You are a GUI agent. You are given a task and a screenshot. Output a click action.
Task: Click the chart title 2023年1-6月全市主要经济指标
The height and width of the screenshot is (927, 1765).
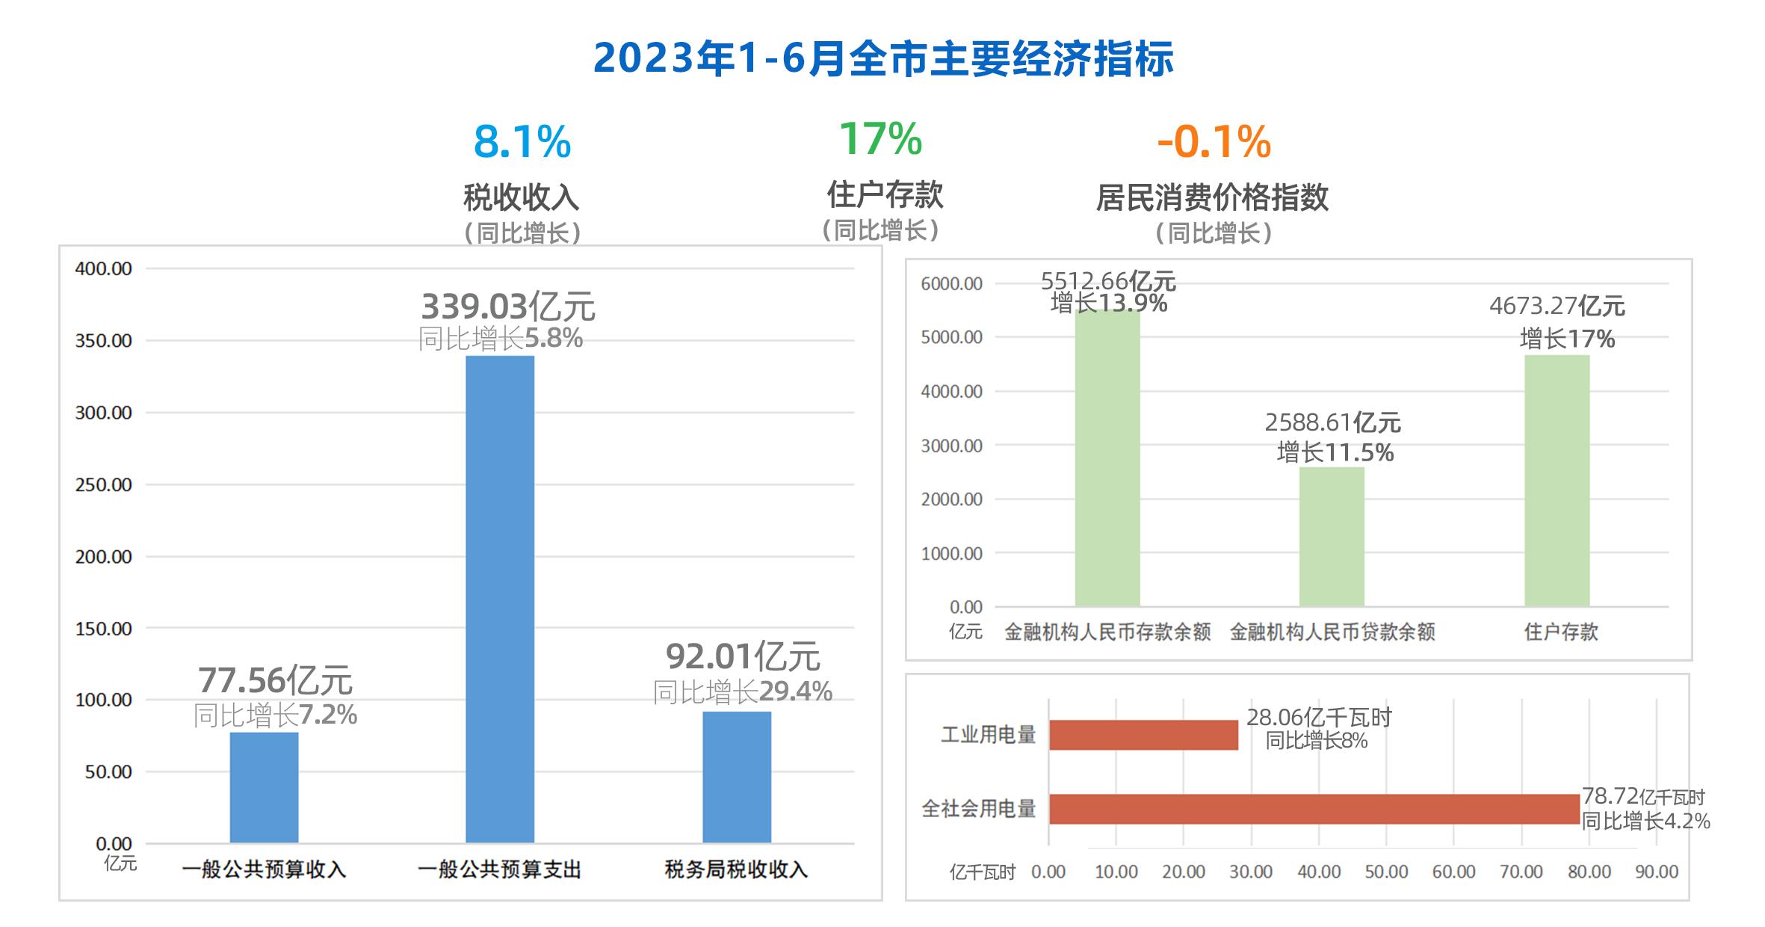(883, 58)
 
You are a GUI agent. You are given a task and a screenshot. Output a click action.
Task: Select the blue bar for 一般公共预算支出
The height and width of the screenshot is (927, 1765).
(500, 600)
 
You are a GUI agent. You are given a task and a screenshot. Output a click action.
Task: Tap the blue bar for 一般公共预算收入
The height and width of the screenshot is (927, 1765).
(264, 788)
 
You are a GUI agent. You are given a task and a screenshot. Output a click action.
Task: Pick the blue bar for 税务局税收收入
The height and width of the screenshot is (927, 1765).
(737, 777)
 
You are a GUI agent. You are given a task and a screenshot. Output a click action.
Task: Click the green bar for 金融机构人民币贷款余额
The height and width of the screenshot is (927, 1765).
(1332, 537)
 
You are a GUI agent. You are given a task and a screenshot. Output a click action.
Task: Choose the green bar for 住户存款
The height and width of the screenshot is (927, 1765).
(1557, 481)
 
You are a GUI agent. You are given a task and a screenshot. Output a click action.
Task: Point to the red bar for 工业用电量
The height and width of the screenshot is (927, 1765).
(1144, 735)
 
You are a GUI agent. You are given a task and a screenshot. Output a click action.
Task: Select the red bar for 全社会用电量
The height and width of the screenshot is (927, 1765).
(1314, 809)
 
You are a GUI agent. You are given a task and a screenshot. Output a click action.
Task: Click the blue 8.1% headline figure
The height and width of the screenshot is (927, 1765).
(522, 141)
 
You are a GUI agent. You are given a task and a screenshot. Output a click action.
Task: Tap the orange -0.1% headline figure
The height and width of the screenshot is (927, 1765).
(1214, 141)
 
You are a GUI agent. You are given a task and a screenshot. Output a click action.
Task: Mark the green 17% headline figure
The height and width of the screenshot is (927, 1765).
(881, 138)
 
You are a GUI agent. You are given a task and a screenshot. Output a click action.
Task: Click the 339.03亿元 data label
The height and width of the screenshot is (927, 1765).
(508, 307)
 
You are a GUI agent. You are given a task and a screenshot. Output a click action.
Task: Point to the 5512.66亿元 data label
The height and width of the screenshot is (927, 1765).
(1108, 281)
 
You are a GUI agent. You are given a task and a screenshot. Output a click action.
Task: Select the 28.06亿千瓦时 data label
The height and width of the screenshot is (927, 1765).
(1319, 718)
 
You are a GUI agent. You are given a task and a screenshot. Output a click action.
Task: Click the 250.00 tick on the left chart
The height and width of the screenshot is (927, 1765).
(103, 484)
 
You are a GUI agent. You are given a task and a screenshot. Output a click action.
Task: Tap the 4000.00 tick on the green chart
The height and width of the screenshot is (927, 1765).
(951, 391)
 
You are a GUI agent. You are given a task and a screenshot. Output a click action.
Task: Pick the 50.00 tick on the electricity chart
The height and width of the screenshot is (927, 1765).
(1386, 872)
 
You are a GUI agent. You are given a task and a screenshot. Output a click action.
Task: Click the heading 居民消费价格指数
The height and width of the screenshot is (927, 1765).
(1212, 197)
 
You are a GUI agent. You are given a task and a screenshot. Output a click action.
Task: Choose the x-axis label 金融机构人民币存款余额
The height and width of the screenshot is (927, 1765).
(1107, 632)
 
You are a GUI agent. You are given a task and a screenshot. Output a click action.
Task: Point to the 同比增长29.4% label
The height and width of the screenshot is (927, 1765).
(743, 692)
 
